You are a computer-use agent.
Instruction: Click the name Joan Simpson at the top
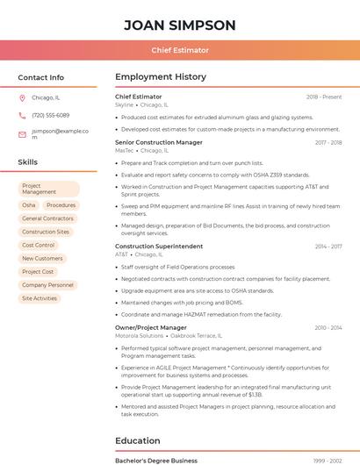(x=180, y=25)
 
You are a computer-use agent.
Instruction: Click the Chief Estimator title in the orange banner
(x=180, y=51)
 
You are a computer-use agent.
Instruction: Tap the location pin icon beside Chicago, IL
(x=23, y=97)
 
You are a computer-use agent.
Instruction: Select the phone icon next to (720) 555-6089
(x=23, y=115)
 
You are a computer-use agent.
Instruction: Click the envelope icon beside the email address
(x=23, y=134)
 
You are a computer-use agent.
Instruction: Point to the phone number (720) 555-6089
(x=50, y=115)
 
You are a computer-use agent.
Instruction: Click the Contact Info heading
(x=41, y=77)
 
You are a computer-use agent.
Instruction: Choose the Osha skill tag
(x=29, y=204)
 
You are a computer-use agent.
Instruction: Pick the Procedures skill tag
(x=61, y=204)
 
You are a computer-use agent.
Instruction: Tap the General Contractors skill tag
(x=47, y=218)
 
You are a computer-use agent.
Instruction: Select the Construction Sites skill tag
(x=46, y=232)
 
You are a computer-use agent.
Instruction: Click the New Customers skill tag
(x=42, y=258)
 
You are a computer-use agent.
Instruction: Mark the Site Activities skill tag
(x=40, y=298)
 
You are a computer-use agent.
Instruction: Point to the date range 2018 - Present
(x=324, y=97)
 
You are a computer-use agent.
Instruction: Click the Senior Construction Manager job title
(x=159, y=142)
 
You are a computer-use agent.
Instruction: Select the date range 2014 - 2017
(x=328, y=247)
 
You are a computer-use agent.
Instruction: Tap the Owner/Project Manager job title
(x=151, y=327)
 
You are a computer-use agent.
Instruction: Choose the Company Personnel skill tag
(x=47, y=285)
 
